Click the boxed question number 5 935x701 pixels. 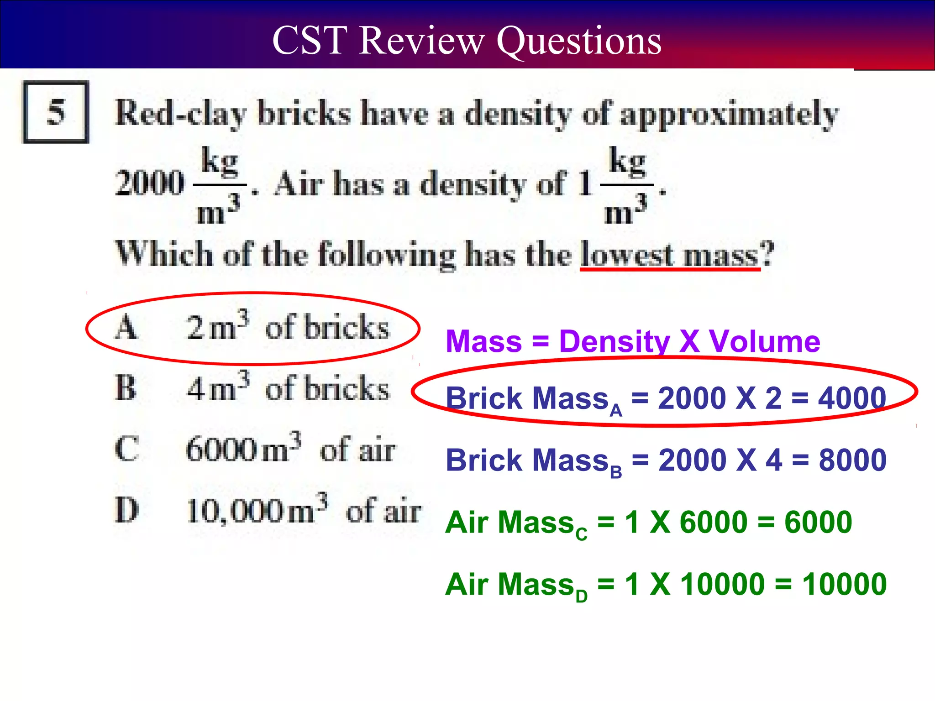(x=56, y=112)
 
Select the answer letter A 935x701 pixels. (x=126, y=328)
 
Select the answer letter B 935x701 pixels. (x=126, y=388)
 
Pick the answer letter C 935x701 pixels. (x=126, y=449)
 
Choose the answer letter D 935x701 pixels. (x=127, y=510)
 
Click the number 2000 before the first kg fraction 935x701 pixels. (x=150, y=183)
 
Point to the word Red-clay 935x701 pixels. (x=181, y=113)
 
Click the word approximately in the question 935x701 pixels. (x=729, y=114)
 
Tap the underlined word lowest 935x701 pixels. (x=627, y=254)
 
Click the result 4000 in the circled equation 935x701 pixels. (x=852, y=398)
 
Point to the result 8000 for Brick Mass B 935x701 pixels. (x=852, y=460)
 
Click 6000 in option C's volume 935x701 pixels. (x=222, y=450)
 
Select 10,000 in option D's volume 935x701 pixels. (x=236, y=511)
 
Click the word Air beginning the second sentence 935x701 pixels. (x=299, y=183)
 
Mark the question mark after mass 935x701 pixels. (x=768, y=253)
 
